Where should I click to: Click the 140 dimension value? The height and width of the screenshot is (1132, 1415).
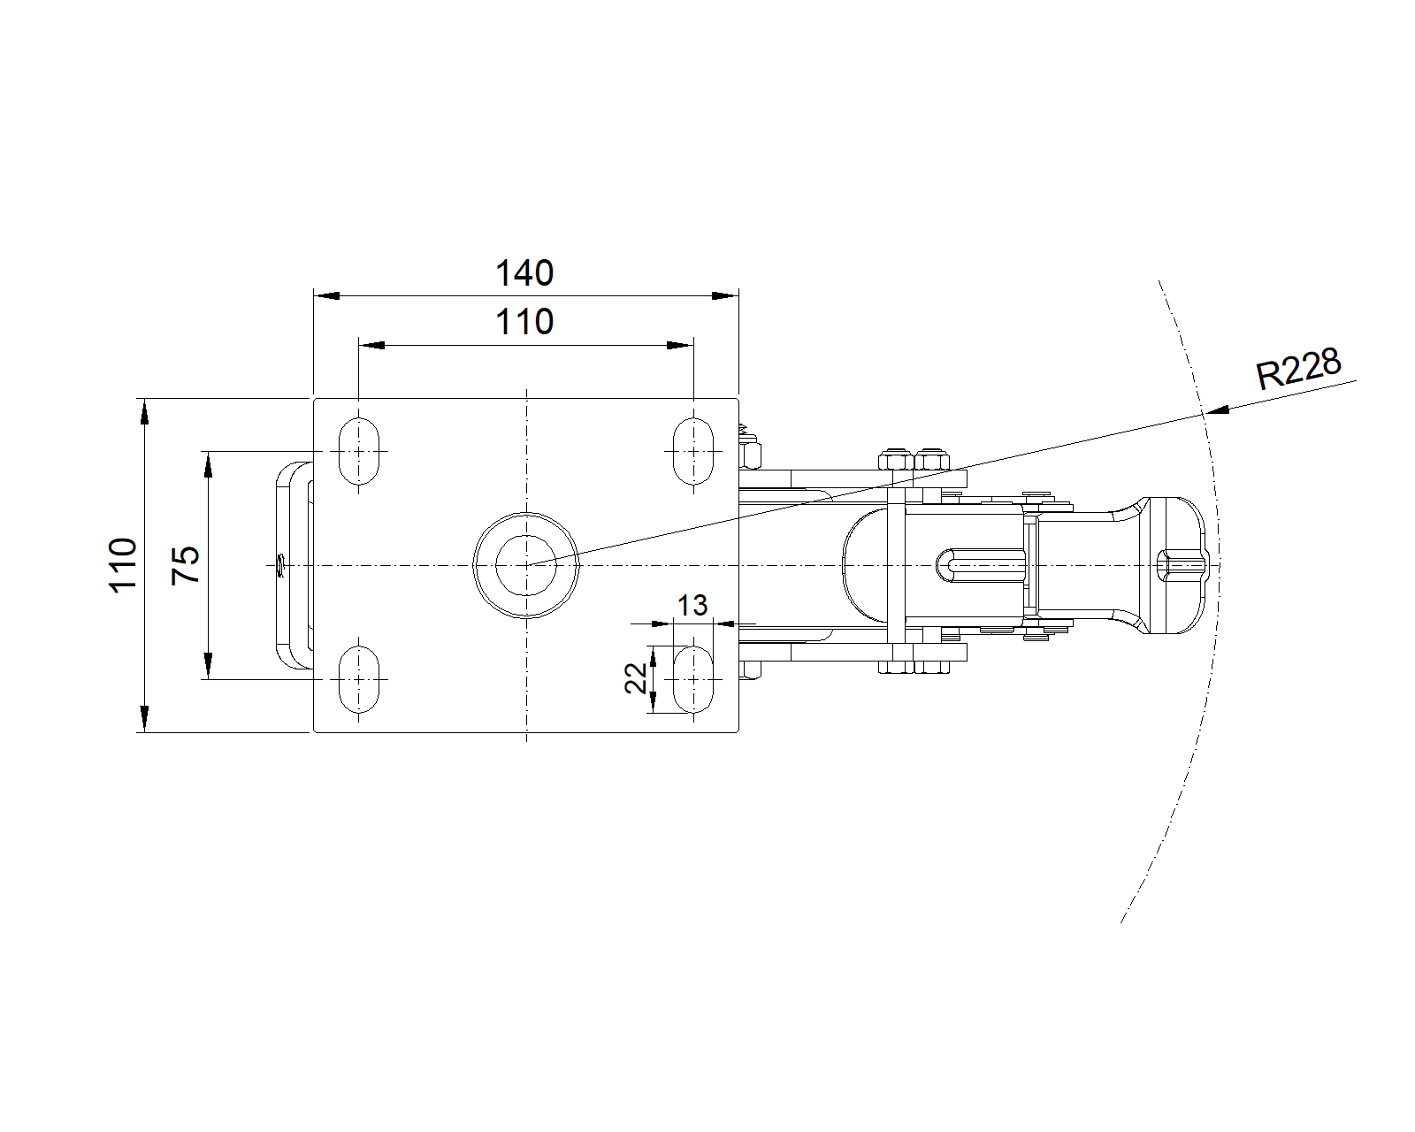(x=524, y=273)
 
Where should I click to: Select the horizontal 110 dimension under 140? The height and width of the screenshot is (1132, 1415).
(x=524, y=322)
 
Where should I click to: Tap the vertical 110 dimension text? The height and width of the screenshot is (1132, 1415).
(x=124, y=564)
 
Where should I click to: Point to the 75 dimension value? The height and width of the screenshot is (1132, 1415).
(x=187, y=564)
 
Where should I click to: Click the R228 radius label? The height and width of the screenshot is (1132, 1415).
(x=1298, y=368)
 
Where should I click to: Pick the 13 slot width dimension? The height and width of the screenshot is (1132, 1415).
(x=692, y=606)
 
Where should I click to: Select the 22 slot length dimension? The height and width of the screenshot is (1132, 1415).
(x=636, y=678)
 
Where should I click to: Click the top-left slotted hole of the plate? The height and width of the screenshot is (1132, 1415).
(x=358, y=451)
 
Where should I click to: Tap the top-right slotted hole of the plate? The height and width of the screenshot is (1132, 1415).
(x=693, y=451)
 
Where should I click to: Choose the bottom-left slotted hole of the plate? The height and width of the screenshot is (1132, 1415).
(x=358, y=679)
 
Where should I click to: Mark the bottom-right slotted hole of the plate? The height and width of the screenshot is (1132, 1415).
(x=693, y=679)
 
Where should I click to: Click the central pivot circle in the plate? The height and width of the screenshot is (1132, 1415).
(x=526, y=564)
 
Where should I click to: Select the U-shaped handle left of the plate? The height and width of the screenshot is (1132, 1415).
(x=292, y=564)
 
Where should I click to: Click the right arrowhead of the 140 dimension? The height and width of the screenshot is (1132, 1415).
(x=726, y=295)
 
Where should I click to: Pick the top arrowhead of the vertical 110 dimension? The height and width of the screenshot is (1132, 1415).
(x=142, y=411)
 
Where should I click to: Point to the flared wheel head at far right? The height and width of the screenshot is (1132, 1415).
(x=1172, y=564)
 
